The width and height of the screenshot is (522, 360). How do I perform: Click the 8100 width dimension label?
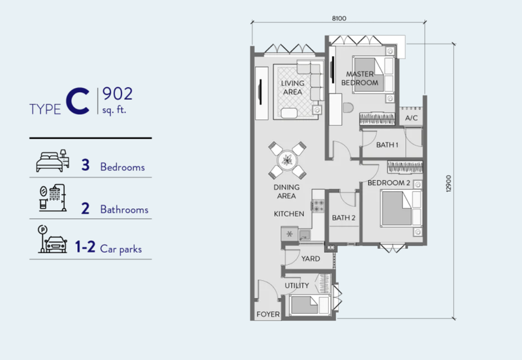coord(339,18)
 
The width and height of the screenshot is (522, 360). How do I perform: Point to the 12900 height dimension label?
coord(448,183)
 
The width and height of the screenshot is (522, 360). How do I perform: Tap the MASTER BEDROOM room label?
coord(360,78)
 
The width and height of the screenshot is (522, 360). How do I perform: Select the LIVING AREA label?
coord(292,87)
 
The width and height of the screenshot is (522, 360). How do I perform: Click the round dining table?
coord(287,160)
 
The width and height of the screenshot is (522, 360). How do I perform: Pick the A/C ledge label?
coord(412,118)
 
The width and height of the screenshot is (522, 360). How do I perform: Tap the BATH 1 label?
coord(387,145)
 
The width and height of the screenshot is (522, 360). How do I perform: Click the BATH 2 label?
coord(344,218)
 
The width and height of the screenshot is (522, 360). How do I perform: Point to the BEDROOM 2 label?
coord(389,183)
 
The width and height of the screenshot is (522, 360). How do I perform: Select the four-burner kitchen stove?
coord(318,205)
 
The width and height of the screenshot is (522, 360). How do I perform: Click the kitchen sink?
coord(305,235)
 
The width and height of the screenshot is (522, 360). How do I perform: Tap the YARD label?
coord(311,258)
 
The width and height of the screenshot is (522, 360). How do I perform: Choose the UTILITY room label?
coord(297,286)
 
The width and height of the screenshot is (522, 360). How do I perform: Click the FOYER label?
coord(268,314)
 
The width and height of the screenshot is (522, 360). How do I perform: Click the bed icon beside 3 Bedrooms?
coord(53,160)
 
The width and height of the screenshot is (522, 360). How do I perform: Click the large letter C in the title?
coord(78,102)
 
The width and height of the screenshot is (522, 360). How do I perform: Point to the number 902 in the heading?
coord(117,94)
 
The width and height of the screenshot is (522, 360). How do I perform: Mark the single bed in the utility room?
coord(309,305)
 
